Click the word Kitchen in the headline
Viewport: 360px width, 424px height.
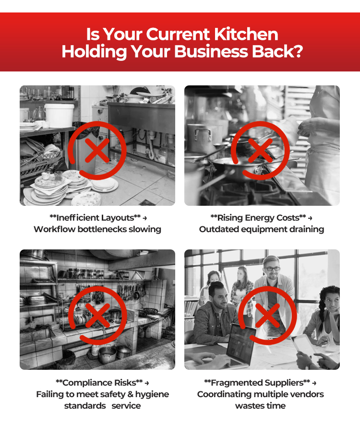[246, 35]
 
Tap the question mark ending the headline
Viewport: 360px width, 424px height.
[298, 51]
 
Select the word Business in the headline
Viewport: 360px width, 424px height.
[211, 51]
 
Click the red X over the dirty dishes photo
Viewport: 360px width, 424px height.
[97, 151]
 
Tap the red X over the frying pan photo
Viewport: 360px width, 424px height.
[260, 151]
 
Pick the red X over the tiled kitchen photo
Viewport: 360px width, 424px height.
[97, 315]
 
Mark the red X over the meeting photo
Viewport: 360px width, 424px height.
[267, 315]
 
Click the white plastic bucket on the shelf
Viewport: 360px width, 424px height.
[59, 116]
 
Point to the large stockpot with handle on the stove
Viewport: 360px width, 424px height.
[200, 139]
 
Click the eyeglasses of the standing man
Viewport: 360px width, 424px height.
[272, 269]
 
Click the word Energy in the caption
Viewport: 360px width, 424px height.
[247, 218]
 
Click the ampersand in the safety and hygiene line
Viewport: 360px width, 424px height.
[130, 395]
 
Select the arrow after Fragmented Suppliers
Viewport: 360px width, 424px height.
[314, 383]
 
